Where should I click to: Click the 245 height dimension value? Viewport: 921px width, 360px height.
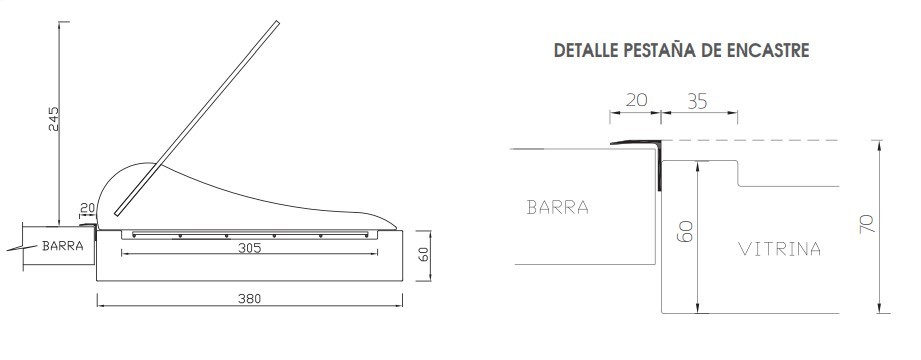click(53, 119)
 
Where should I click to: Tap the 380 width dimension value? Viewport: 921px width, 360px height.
click(250, 299)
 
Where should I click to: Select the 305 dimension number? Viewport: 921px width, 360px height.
click(250, 248)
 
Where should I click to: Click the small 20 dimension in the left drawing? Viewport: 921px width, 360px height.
click(87, 208)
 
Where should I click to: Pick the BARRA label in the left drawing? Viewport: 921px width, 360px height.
click(62, 246)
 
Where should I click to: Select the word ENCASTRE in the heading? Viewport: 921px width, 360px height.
click(768, 50)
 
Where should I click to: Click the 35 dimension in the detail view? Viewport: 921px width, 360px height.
click(697, 102)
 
